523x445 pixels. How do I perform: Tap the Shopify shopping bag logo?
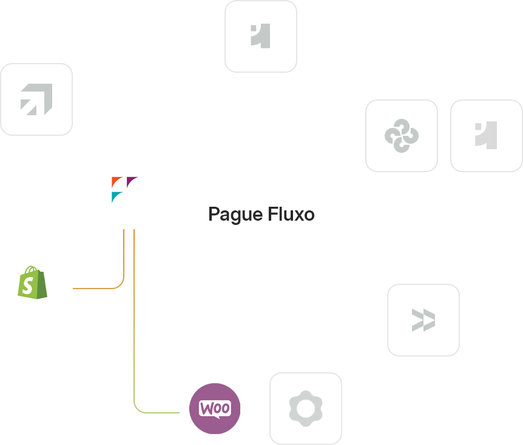pos(33,282)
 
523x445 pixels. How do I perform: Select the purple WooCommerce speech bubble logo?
pos(215,409)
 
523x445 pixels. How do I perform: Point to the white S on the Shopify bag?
pos(27,285)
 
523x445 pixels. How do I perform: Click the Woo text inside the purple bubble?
pos(215,408)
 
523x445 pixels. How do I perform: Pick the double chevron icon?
pos(423,320)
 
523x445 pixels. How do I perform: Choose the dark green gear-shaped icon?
pos(305,409)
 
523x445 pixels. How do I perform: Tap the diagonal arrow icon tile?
pos(36,99)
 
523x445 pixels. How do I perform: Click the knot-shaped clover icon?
pos(402,135)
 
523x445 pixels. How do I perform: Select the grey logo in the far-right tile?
pos(486,135)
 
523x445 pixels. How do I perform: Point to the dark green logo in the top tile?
pos(261,36)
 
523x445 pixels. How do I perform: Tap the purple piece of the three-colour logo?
pos(132,181)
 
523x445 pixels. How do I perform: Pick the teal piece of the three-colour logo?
pos(116,196)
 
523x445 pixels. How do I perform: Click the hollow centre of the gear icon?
pos(305,409)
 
